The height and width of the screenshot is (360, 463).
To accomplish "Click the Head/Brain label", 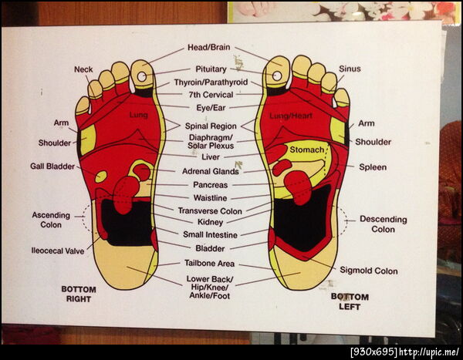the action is tap(209, 47).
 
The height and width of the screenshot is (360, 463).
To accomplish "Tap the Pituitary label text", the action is tap(211, 69).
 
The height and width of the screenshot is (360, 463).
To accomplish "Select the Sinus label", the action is tap(350, 69).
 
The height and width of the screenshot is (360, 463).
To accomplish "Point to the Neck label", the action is tap(83, 69).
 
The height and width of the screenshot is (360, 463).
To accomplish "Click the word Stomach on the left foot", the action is tap(307, 150).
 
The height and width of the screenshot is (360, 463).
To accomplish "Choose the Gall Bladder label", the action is tap(52, 167).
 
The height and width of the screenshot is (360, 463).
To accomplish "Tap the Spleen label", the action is tap(373, 167).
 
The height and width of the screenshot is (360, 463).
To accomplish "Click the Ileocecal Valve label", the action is tap(58, 251).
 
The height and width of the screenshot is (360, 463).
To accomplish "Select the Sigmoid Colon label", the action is tap(369, 271).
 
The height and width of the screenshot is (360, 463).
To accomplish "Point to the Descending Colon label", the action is tap(384, 224).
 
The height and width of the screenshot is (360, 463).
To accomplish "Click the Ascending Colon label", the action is tap(51, 220).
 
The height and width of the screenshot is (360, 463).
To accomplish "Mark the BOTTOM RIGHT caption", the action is tap(79, 294).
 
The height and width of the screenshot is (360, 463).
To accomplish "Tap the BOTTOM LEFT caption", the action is tap(350, 301).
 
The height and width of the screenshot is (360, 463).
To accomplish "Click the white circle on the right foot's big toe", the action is tap(142, 77).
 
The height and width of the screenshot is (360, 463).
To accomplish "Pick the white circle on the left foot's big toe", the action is tap(277, 76).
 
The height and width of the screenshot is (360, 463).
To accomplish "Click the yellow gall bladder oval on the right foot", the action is tap(101, 177).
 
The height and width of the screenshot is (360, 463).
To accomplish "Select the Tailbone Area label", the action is tap(209, 263).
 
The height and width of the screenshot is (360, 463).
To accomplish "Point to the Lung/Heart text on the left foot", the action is tap(291, 116).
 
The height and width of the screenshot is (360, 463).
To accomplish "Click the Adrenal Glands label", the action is tap(210, 171).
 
